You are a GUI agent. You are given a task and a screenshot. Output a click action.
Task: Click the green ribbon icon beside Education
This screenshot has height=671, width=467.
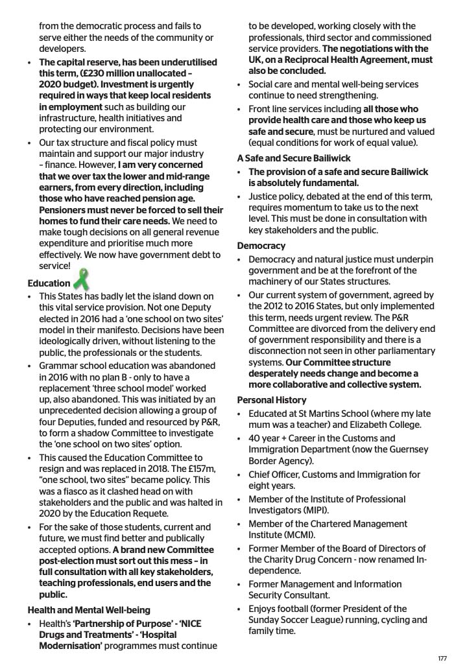tap(81, 280)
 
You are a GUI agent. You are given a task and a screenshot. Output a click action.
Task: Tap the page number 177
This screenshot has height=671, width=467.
tap(442, 659)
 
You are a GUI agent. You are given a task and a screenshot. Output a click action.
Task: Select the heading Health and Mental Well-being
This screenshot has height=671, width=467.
tap(89, 610)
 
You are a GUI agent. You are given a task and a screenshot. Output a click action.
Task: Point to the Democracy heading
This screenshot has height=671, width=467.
tap(261, 246)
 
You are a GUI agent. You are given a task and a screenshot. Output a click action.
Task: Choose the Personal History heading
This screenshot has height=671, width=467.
tap(272, 400)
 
